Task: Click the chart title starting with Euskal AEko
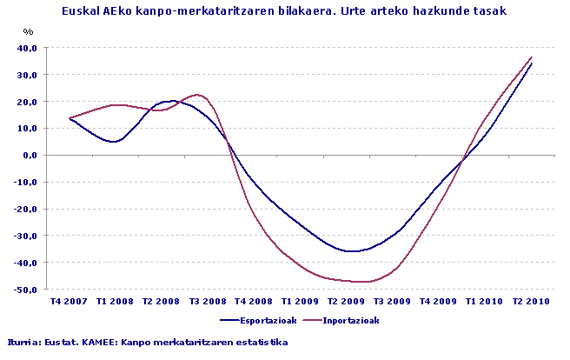tap(284, 11)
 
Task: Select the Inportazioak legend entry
tap(348, 320)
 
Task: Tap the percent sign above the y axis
tap(29, 32)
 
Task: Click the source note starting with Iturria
tap(147, 342)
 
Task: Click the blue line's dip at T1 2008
tap(115, 141)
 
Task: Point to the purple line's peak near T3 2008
tap(197, 94)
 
